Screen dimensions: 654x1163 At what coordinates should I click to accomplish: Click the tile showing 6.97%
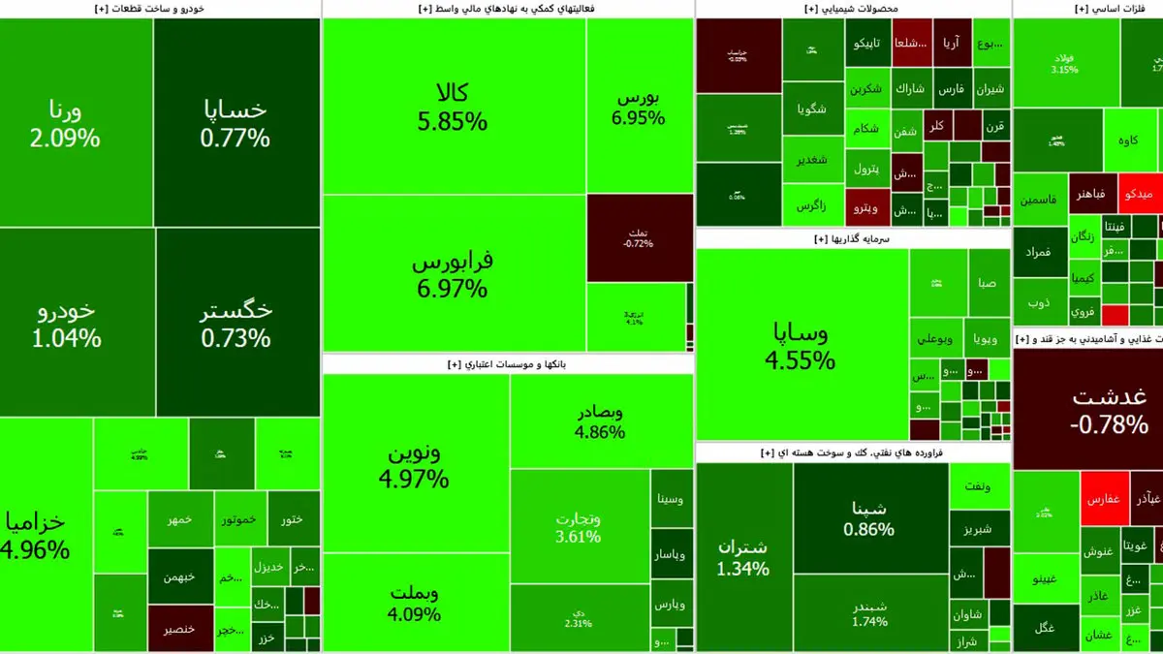click(453, 274)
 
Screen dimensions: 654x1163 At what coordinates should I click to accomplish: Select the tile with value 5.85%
click(453, 107)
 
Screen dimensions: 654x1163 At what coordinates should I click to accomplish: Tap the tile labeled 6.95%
click(638, 107)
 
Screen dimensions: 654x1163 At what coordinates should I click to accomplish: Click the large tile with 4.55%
click(801, 346)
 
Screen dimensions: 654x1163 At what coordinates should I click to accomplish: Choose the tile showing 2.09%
click(76, 123)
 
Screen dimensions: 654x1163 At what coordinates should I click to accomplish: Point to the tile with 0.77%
click(236, 123)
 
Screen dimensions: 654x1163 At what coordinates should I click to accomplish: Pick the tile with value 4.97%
click(417, 465)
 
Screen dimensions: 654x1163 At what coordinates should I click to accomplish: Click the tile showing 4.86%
click(599, 421)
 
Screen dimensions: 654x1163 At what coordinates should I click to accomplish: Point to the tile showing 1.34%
click(743, 557)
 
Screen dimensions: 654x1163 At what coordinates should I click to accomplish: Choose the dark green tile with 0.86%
click(869, 517)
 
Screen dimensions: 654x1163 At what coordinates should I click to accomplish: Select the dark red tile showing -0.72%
click(638, 237)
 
